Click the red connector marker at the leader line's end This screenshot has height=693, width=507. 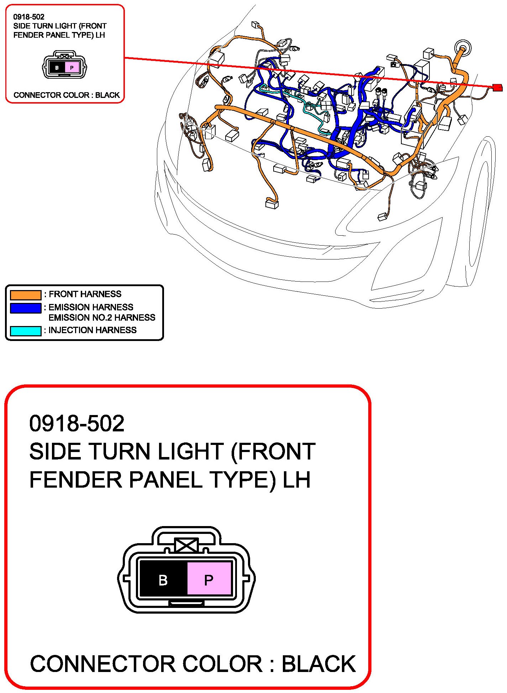(x=497, y=87)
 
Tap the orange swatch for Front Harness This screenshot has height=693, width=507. (x=26, y=295)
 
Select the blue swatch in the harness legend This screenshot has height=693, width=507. (x=26, y=308)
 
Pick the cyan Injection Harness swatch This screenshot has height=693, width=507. (x=26, y=331)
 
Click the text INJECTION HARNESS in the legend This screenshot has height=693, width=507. (x=93, y=330)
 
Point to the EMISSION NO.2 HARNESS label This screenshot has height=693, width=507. (x=102, y=317)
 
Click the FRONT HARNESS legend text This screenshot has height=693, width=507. (x=85, y=294)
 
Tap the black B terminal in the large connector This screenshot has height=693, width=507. (x=163, y=580)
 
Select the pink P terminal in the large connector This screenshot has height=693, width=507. (x=209, y=580)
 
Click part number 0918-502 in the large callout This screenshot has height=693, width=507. (x=77, y=424)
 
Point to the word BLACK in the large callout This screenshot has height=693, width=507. (x=319, y=664)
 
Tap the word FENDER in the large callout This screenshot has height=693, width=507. (x=77, y=480)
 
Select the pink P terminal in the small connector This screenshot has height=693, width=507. (x=72, y=67)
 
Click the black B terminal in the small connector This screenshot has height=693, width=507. (x=57, y=67)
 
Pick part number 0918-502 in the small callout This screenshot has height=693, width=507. (x=29, y=17)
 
